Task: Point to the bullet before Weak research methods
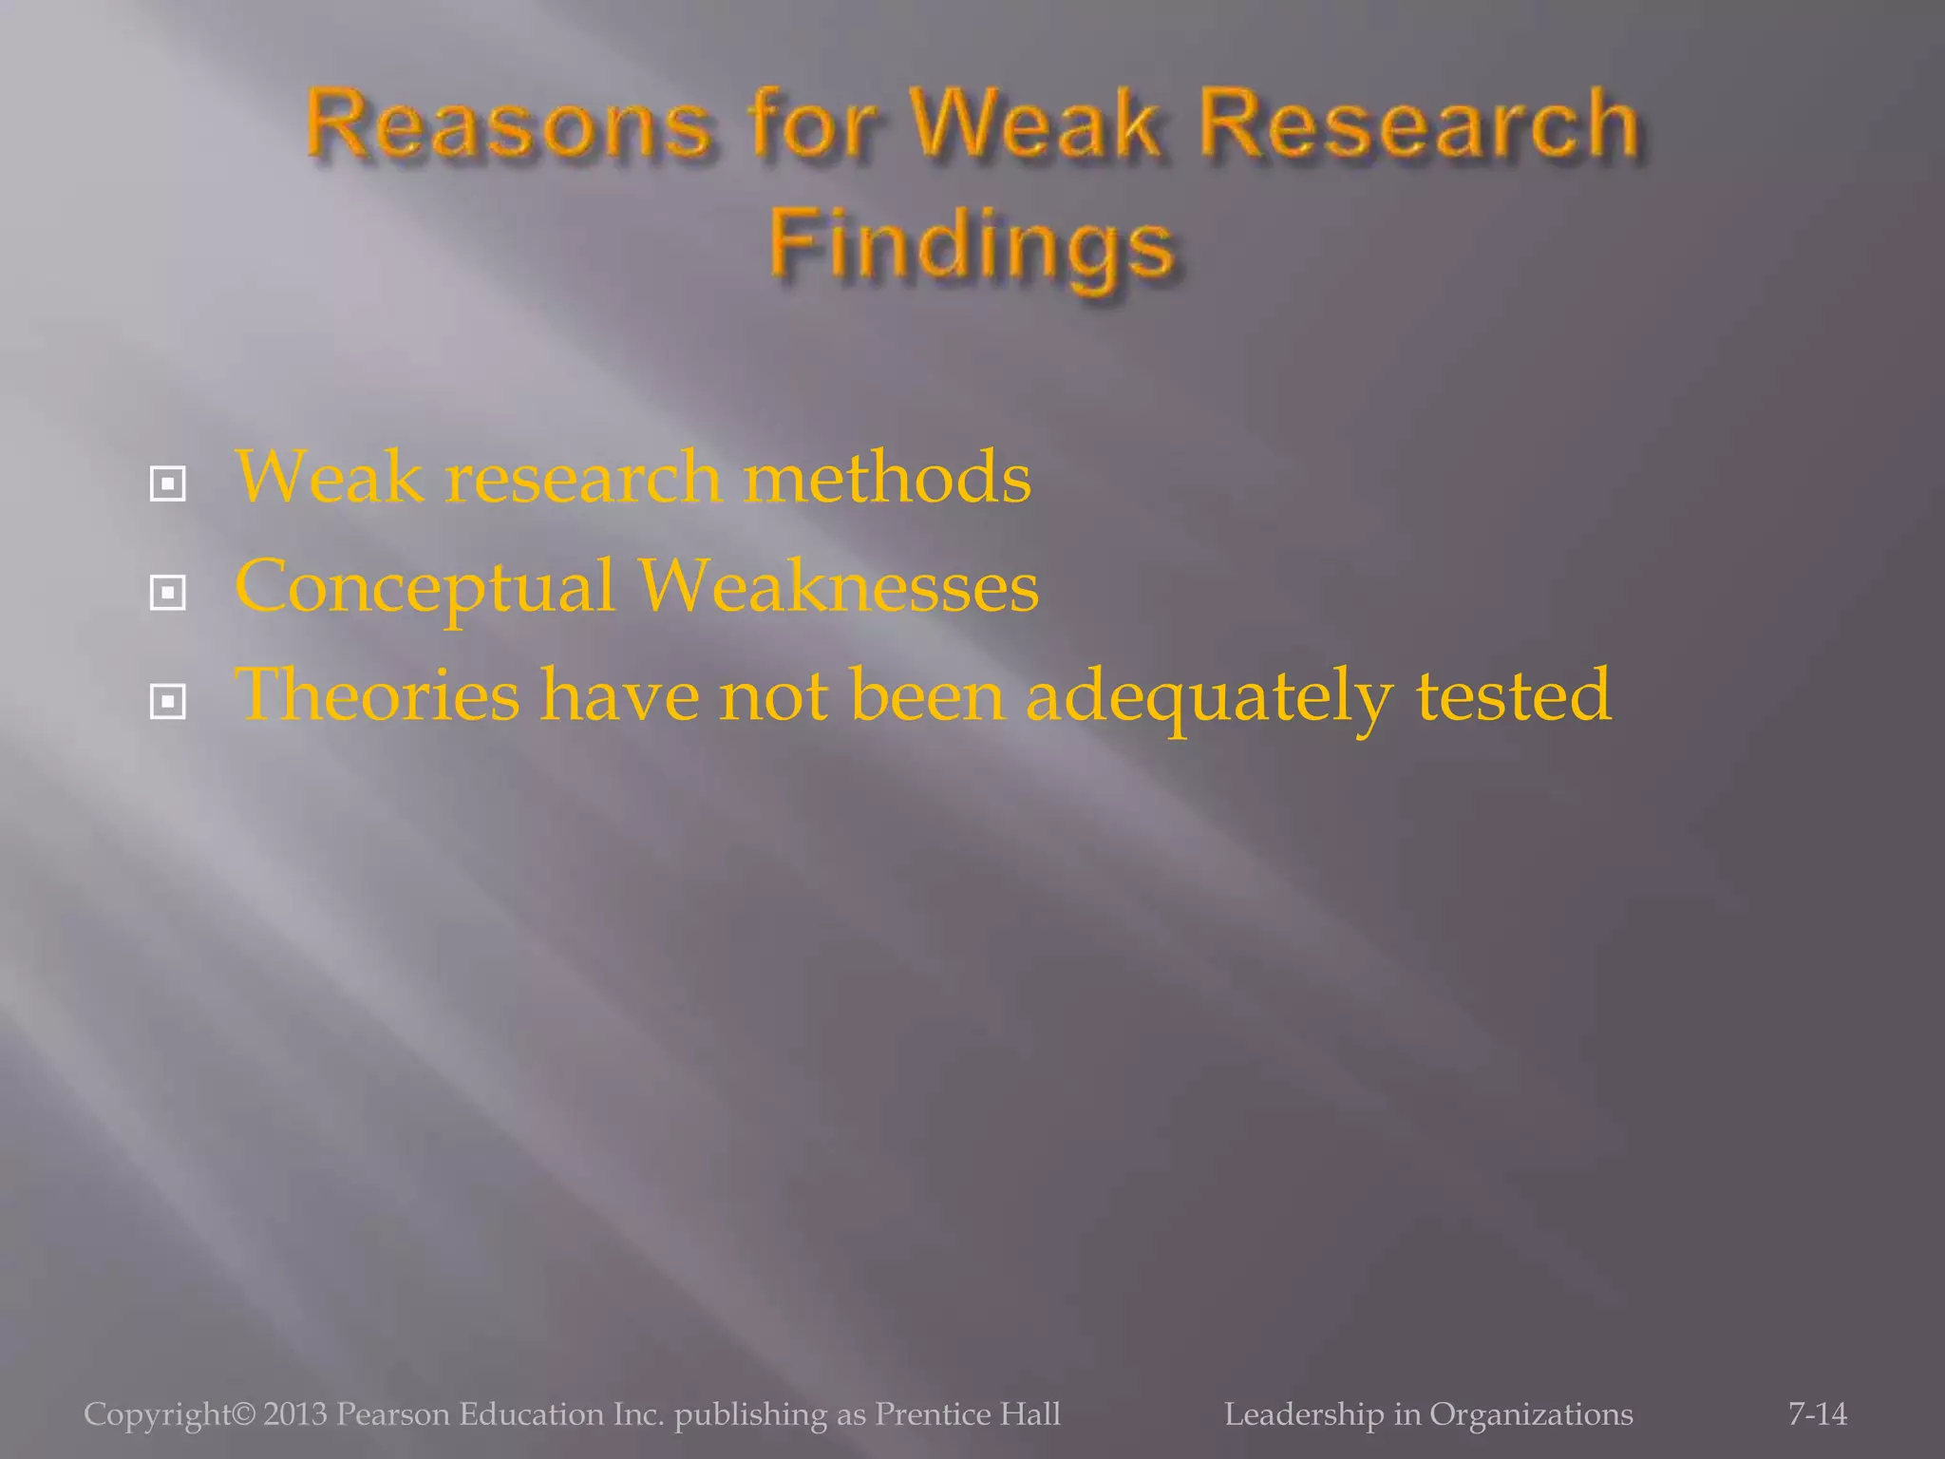click(x=168, y=484)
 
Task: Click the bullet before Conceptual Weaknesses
click(x=168, y=594)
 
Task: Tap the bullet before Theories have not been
click(x=168, y=703)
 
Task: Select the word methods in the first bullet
click(x=887, y=477)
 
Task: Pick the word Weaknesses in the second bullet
click(x=839, y=586)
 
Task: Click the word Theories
click(x=377, y=694)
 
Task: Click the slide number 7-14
click(x=1818, y=1414)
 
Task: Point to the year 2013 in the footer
click(x=295, y=1414)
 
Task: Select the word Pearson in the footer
click(x=393, y=1414)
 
